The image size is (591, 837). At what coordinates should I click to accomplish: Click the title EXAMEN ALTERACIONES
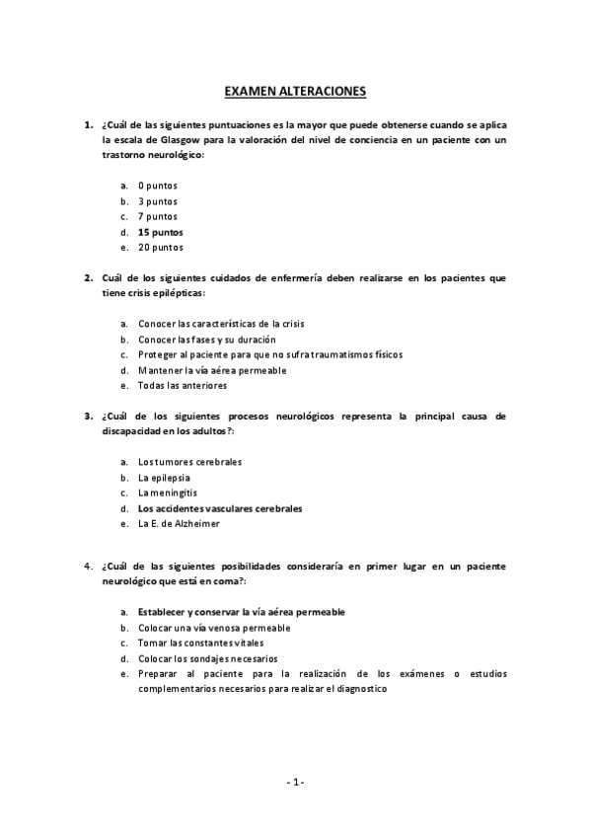tap(295, 92)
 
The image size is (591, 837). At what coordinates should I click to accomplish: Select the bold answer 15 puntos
tap(160, 232)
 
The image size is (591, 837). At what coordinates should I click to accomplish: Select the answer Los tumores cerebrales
tap(189, 461)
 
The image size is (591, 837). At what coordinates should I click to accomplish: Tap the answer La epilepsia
tap(164, 477)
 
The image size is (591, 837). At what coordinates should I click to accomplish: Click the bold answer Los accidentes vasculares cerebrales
tap(220, 508)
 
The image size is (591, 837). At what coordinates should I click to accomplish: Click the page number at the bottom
tap(295, 782)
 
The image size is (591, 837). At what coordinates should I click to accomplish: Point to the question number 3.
tap(88, 417)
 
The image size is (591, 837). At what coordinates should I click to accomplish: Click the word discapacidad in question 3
tap(132, 432)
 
